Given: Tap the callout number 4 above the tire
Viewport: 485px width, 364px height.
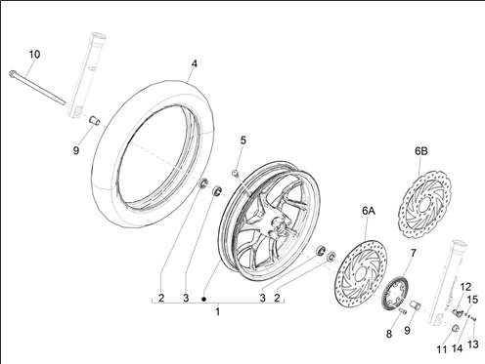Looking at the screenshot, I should pyautogui.click(x=194, y=64).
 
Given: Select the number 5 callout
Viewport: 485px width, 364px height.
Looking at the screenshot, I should pyautogui.click(x=243, y=140).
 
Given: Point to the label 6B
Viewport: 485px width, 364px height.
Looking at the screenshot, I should pyautogui.click(x=421, y=152).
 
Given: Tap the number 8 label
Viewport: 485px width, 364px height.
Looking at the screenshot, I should pyautogui.click(x=388, y=334).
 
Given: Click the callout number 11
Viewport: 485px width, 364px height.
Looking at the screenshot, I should pyautogui.click(x=441, y=348).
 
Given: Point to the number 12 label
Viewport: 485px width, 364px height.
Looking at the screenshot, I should pyautogui.click(x=465, y=287).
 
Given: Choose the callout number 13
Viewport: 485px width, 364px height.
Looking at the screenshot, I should pyautogui.click(x=471, y=344).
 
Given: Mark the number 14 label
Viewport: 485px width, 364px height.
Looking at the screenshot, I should pyautogui.click(x=457, y=348).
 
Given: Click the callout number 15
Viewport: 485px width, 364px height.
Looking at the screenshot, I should pyautogui.click(x=472, y=300).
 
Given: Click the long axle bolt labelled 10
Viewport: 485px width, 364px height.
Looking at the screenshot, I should pyautogui.click(x=39, y=87).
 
